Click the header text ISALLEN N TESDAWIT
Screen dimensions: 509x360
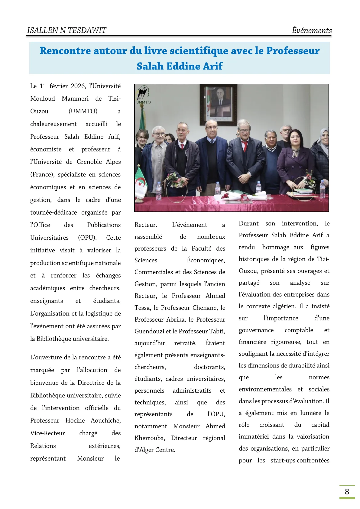pyautogui.click(x=66, y=30)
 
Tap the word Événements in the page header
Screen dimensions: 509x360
pyautogui.click(x=312, y=30)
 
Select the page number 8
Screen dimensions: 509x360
pyautogui.click(x=347, y=491)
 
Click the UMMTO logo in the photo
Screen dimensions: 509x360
pyautogui.click(x=143, y=95)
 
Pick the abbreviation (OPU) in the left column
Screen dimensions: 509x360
pyautogui.click(x=87, y=238)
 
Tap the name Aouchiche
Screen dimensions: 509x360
pyautogui.click(x=105, y=420)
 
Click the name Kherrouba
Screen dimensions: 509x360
pyautogui.click(x=149, y=438)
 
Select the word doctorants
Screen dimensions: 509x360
pyautogui.click(x=209, y=367)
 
